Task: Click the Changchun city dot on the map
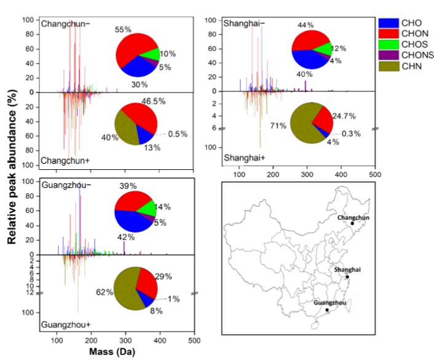352,223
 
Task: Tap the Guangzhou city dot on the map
327,310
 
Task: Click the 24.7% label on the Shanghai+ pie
345,115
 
